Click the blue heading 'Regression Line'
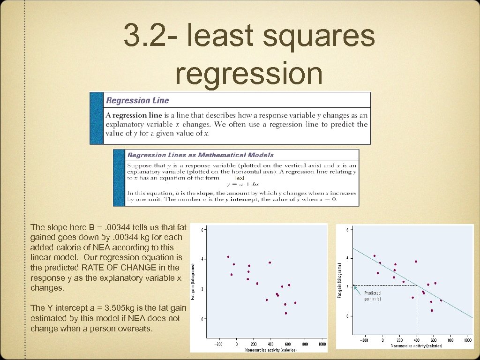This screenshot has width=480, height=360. pos(137,100)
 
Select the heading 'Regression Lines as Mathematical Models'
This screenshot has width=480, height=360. pos(201,155)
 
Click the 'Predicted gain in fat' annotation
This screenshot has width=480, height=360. pos(374,296)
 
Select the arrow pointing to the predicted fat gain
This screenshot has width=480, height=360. pos(357,291)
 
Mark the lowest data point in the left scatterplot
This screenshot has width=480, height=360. pos(285,313)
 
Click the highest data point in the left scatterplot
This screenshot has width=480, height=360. pos(228,256)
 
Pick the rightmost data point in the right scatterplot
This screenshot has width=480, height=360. pos(441,300)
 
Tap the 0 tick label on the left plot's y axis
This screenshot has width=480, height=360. pos(202,319)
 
